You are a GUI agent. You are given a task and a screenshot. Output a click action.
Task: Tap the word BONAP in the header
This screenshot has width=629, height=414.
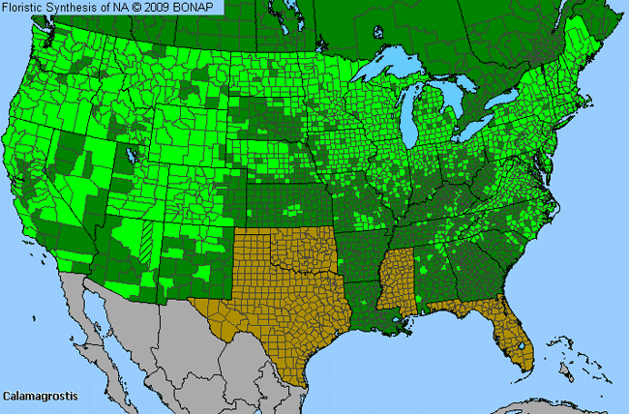(x=195, y=8)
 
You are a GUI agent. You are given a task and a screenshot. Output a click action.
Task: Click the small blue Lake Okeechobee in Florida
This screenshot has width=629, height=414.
(x=525, y=351)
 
